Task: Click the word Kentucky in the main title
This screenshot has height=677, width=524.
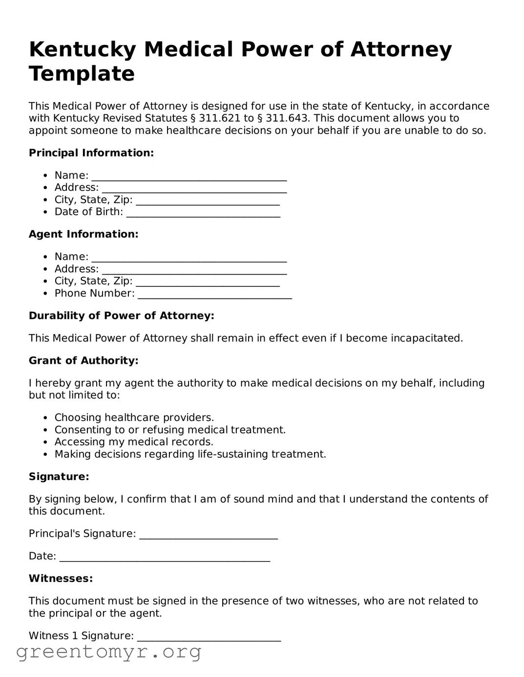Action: (83, 50)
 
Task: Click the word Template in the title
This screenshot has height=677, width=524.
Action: (82, 74)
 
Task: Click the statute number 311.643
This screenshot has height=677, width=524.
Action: (287, 119)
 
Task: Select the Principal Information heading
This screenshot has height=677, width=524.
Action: (91, 153)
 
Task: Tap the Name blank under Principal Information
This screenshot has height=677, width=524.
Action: (189, 177)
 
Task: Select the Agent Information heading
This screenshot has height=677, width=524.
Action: (84, 235)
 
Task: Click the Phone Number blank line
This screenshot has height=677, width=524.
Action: (215, 295)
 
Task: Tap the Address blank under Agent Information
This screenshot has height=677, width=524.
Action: (194, 270)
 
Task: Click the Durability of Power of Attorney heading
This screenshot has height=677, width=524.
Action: (122, 316)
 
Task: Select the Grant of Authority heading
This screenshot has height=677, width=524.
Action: (84, 361)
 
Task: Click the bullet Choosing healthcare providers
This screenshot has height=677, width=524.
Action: (134, 418)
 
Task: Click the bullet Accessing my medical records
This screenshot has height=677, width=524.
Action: (134, 442)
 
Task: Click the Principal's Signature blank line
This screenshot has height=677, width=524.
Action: (209, 535)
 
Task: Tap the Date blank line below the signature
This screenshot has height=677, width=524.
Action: (165, 558)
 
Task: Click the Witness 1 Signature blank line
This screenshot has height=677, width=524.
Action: (209, 637)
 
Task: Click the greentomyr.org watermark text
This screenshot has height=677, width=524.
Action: (109, 652)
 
